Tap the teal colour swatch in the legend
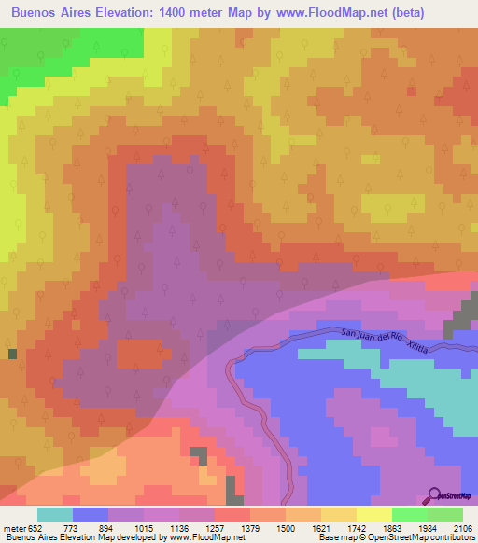[x=54, y=513]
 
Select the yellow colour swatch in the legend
[x=373, y=513]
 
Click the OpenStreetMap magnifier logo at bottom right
[x=452, y=497]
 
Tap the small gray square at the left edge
[x=12, y=354]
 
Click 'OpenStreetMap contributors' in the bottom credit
[x=422, y=538]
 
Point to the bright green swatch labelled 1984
[x=409, y=513]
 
